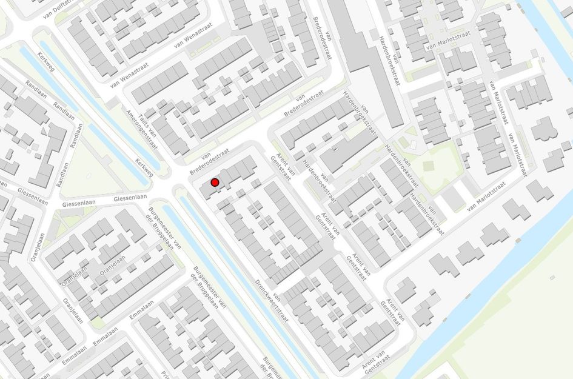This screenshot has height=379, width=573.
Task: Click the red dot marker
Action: tap(215, 182)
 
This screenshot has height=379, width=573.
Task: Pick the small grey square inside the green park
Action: tap(429, 166)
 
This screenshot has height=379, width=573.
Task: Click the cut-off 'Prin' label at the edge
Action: tap(164, 373)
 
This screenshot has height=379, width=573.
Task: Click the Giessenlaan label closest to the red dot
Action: tap(130, 198)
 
